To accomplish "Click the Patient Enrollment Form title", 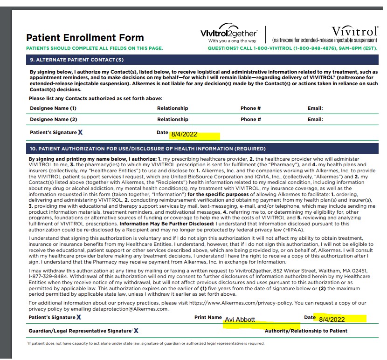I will click(x=85, y=38).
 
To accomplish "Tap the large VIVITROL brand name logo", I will click(x=355, y=31).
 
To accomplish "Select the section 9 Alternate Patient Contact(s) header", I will click(x=77, y=60).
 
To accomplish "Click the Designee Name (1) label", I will click(x=53, y=108).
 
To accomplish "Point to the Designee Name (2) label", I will click(x=53, y=120).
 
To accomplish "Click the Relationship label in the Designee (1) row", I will click(x=173, y=108).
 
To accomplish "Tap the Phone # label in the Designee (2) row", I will click(x=250, y=120).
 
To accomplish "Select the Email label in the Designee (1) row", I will click(x=315, y=108).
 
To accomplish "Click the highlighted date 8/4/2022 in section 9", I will click(x=184, y=135).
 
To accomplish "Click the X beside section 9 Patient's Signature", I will click(x=80, y=133).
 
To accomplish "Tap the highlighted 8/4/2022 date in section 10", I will click(x=332, y=319).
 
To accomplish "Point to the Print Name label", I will click(x=208, y=318).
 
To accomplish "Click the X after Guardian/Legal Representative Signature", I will click(x=136, y=331).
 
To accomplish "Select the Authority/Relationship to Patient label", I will click(x=306, y=331).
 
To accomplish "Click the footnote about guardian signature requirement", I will click(x=146, y=344).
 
